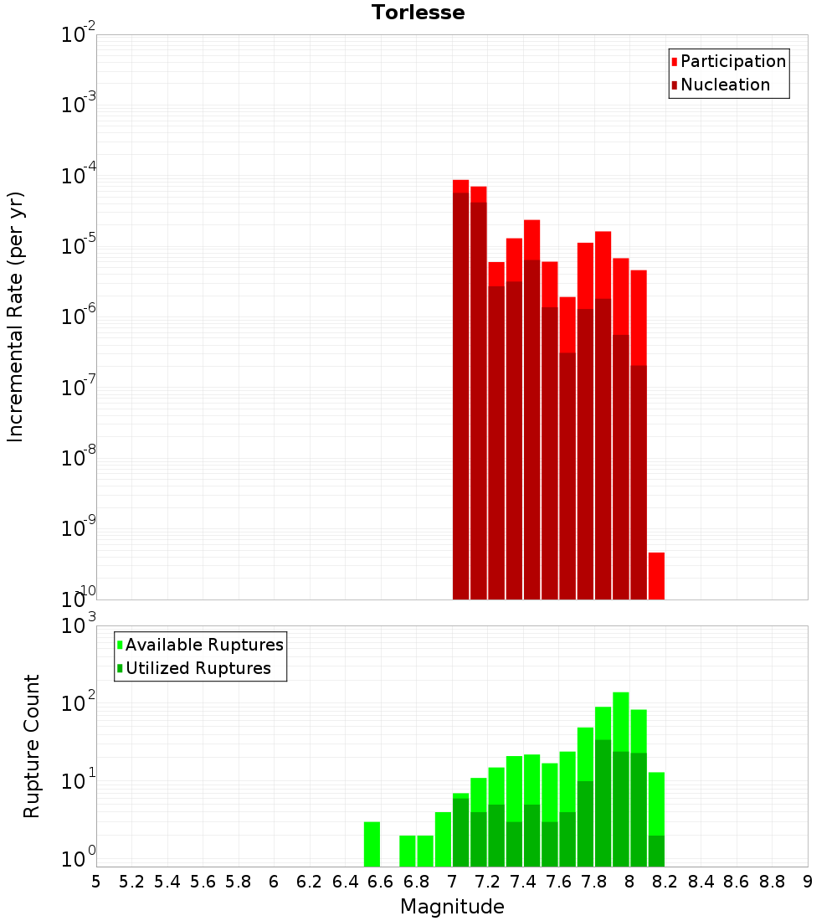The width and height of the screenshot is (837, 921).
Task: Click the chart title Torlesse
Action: click(x=418, y=13)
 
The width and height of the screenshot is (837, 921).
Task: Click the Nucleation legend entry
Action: click(x=725, y=85)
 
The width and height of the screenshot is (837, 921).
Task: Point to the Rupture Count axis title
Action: click(x=32, y=746)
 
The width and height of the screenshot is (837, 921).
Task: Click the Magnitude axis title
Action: click(x=452, y=907)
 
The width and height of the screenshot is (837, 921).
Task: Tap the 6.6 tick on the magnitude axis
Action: click(x=381, y=882)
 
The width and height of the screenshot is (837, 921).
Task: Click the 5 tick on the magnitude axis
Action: click(x=96, y=882)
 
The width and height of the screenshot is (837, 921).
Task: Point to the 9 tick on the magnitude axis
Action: click(x=808, y=882)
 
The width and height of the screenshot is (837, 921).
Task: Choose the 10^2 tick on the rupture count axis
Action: click(x=79, y=704)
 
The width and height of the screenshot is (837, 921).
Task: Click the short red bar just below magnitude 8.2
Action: click(x=656, y=576)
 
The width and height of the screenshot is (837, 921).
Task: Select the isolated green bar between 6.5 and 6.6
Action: click(x=372, y=844)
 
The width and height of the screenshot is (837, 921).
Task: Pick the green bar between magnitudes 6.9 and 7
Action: click(x=443, y=839)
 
